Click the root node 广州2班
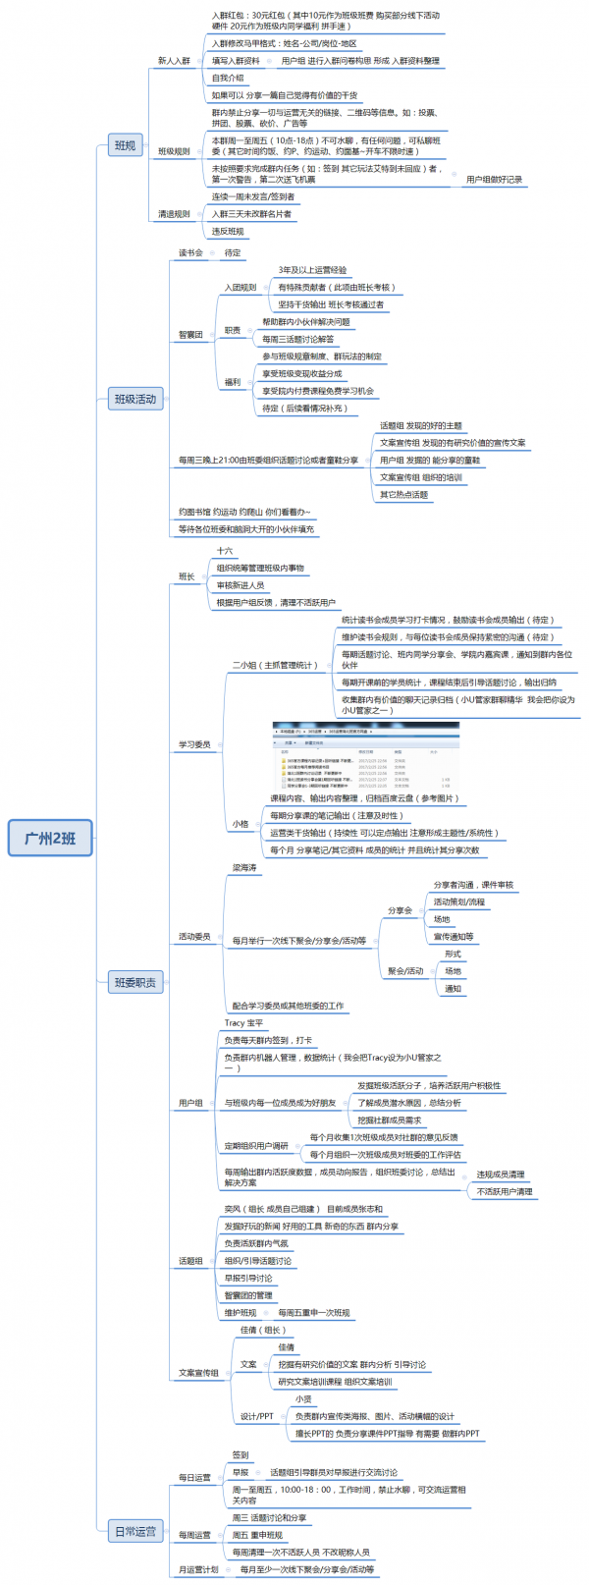49,838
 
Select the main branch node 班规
125,145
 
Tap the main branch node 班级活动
134,399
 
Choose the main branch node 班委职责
134,982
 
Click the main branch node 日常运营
134,1531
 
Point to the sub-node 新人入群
174,61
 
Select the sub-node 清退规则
174,214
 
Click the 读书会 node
190,252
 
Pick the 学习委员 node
194,744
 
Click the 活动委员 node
194,937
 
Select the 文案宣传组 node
198,1373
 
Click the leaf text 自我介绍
228,78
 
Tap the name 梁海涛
244,868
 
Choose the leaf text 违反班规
228,232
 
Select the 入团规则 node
241,288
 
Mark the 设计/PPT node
257,1416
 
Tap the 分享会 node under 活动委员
401,910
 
